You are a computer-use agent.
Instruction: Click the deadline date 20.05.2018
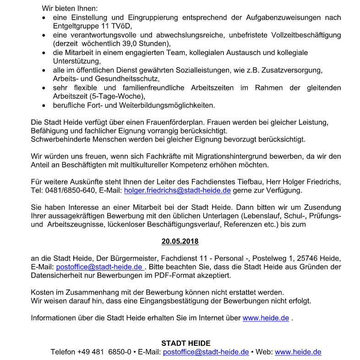point(180,241)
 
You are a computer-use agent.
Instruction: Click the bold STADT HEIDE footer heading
point(185,343)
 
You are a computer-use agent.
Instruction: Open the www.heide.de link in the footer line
point(298,352)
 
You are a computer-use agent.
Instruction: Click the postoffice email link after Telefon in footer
point(206,352)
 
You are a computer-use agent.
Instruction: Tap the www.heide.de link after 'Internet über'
point(266,318)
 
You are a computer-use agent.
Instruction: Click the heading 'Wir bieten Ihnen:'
point(70,9)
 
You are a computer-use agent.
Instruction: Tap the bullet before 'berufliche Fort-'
point(43,106)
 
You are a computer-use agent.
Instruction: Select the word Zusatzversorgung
point(293,70)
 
